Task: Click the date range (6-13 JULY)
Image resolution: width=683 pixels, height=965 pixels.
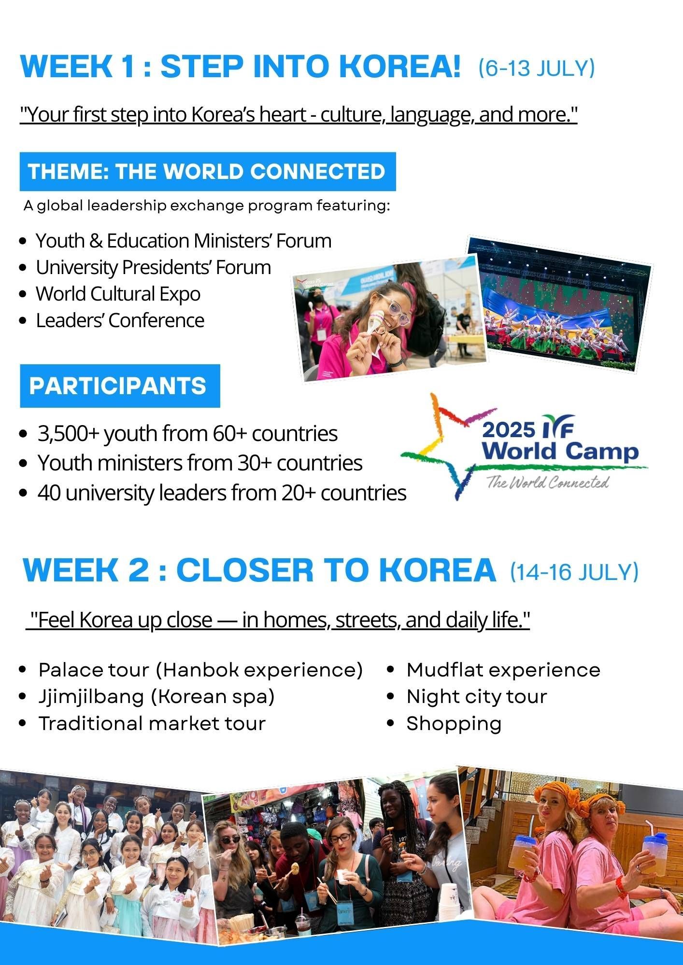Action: coord(537,68)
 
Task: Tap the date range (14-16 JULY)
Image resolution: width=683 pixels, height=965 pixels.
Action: coord(574,572)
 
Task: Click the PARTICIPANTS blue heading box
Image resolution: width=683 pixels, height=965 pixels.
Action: coord(120,386)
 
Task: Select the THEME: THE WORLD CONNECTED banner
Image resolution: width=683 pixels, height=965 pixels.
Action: coord(208,172)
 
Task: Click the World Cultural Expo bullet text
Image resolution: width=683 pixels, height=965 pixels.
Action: coord(118,294)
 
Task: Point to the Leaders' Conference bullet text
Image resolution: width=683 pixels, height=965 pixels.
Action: coord(120,320)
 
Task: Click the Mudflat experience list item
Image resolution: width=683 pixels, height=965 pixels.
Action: coord(503,670)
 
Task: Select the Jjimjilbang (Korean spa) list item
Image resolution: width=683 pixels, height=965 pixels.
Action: coord(157,697)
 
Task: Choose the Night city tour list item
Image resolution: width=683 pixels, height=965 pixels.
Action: coord(477,697)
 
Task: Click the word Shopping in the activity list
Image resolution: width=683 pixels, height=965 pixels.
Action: coord(454,724)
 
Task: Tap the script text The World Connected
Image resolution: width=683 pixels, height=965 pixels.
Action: coord(547,482)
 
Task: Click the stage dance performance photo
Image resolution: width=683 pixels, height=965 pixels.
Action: coord(559,304)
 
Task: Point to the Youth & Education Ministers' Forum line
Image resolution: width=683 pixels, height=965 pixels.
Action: coord(184,241)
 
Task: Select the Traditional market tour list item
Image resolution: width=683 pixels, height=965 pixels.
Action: coord(152,724)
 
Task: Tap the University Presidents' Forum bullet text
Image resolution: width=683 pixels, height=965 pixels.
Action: coord(154,267)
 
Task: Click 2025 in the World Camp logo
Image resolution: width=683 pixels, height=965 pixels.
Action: coord(509,430)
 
